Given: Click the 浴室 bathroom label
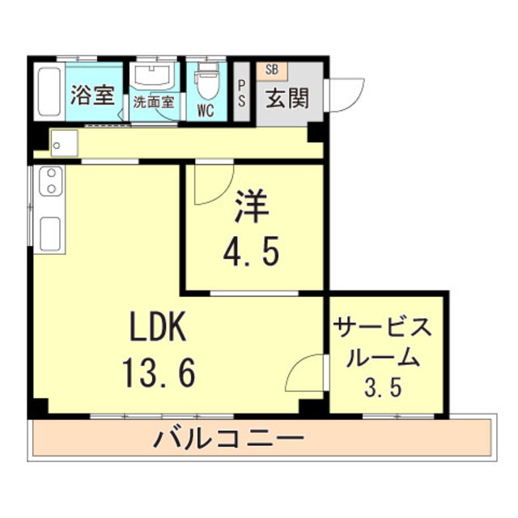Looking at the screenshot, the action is coord(93,96).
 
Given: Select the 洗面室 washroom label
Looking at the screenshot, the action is coord(154,103).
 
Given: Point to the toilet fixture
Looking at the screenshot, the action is coord(207,81).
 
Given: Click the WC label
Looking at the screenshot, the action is coord(206,111).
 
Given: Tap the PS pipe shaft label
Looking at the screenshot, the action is coord(242,94).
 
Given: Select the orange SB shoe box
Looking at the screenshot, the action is coord(272,70).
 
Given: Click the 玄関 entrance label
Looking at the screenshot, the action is coord(288,98).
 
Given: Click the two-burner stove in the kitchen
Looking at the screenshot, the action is coord(51,181).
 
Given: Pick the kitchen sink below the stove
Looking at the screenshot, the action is coord(50,234).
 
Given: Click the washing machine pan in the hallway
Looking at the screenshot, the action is coord(65,143).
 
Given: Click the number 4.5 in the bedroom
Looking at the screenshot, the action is coord(251,252).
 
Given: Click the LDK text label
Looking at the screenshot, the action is coord(159,326).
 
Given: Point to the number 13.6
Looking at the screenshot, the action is coord(159,373).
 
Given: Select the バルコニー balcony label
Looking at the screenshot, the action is coord(229,438).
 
